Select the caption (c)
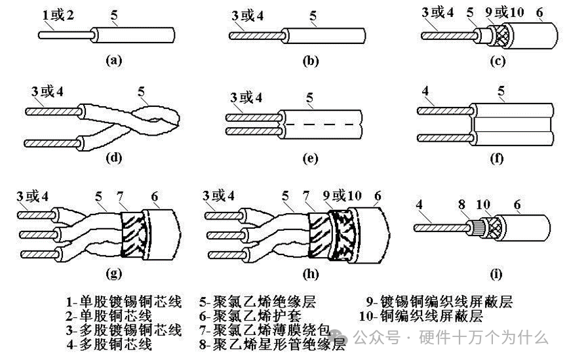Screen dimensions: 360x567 click(499, 62)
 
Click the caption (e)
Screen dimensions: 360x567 click(310, 158)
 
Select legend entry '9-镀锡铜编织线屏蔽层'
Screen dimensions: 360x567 click(439, 302)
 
